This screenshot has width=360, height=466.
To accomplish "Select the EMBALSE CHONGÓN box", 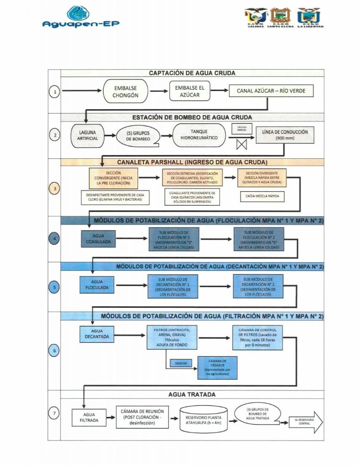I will (125, 91).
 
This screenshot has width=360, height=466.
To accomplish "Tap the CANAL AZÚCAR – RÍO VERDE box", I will (271, 91).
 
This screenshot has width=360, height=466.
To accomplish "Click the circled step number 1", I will (55, 92).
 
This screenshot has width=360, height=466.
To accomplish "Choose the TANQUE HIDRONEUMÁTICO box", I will (199, 135).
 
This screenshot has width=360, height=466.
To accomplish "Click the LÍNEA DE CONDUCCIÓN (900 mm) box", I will (285, 135).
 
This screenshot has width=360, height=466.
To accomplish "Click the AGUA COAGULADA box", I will (98, 239).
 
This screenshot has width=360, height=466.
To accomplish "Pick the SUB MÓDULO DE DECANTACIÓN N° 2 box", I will (258, 287).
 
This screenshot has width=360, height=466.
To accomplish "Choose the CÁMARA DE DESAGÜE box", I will (218, 367).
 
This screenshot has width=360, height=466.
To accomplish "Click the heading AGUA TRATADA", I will (192, 395).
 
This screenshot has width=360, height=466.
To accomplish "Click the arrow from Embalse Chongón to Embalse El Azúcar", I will (158, 91).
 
